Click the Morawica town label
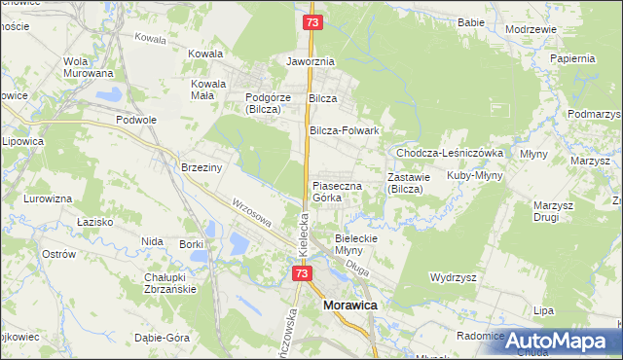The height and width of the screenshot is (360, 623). point(349,306)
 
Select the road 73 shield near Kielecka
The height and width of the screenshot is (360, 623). point(302,273)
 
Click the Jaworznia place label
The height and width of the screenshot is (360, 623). point(310,61)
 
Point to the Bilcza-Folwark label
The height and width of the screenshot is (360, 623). point(344,130)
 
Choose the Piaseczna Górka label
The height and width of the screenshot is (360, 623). point(337,191)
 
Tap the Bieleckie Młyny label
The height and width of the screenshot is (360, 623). point(361,243)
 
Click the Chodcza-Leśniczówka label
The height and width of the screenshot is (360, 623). point(448,153)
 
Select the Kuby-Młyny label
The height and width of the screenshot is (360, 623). point(473,176)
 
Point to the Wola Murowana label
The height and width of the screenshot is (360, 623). point(88,67)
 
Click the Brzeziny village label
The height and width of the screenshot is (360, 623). point(202,167)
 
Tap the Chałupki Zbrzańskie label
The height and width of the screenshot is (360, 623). point(170,283)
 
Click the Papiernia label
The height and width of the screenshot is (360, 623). point(571,58)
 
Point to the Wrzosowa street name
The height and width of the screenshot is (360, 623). point(251,213)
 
